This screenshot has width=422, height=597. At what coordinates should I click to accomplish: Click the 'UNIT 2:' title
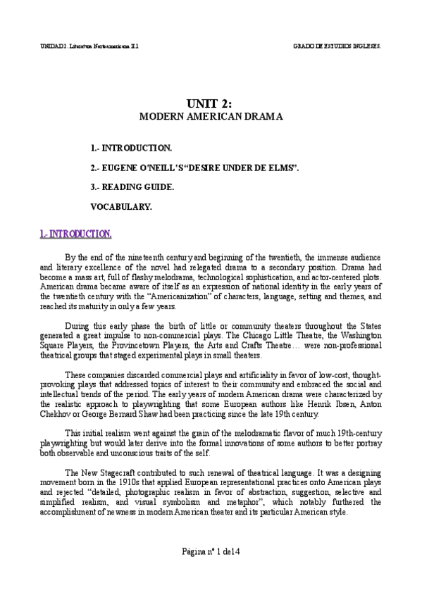point(211,103)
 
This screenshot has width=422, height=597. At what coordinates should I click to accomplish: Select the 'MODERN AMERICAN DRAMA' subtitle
point(211,117)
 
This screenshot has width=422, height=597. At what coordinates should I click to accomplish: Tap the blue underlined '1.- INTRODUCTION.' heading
point(75,234)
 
